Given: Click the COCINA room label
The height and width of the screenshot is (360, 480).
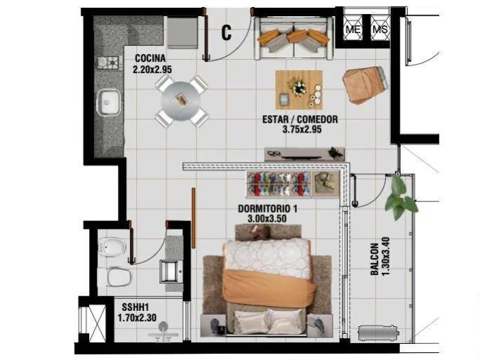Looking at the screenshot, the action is coord(150,58).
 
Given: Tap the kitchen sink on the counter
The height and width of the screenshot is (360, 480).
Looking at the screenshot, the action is coord(108,102).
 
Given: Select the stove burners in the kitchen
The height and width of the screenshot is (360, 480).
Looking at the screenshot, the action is coord(108,62).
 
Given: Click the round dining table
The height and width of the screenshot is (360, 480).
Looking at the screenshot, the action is coord(181,100).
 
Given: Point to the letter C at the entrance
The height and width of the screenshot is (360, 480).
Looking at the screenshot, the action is coord(226,32).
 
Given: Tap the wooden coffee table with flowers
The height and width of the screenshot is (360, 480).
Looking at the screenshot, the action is coord(299,90).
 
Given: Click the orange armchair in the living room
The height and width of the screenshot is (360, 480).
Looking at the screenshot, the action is coord(365,85).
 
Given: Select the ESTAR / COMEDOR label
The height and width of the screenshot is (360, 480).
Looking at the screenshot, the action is coord(300,119).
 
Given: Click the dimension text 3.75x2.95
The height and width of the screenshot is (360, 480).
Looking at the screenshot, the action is coord(302,129).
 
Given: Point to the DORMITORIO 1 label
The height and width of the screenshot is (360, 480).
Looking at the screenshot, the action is coord(267,209).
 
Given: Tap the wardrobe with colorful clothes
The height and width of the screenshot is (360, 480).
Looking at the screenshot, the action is coord(293,184).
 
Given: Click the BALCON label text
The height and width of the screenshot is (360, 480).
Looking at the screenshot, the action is coord(375,259).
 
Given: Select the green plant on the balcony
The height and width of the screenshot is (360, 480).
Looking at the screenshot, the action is coord(400,197).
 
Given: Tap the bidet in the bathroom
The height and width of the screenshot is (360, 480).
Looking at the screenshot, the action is coord(112,246).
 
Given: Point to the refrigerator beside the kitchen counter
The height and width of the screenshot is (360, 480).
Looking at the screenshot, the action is coord(182,33).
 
